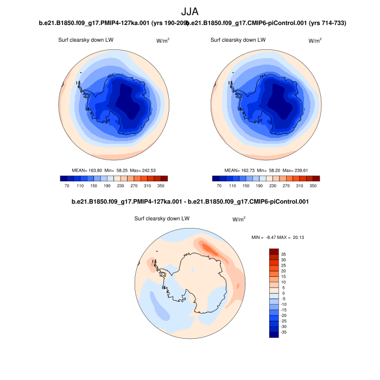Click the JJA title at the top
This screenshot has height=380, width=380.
[x=190, y=10]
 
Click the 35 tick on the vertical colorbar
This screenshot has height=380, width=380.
[x=283, y=254]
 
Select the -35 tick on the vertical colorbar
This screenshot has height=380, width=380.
[x=284, y=331]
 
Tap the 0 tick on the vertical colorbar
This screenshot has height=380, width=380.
[x=282, y=293]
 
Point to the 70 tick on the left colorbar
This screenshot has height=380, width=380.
[x=67, y=186]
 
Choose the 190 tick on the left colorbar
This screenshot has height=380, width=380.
[x=107, y=186]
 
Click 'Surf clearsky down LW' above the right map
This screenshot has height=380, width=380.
[x=238, y=40]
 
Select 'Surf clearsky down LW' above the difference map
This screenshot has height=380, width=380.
[x=162, y=219]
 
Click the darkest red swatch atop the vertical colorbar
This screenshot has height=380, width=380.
[x=274, y=251]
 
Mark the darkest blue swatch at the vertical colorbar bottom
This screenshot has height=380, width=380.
[x=274, y=334]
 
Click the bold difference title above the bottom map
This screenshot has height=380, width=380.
[x=190, y=202]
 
